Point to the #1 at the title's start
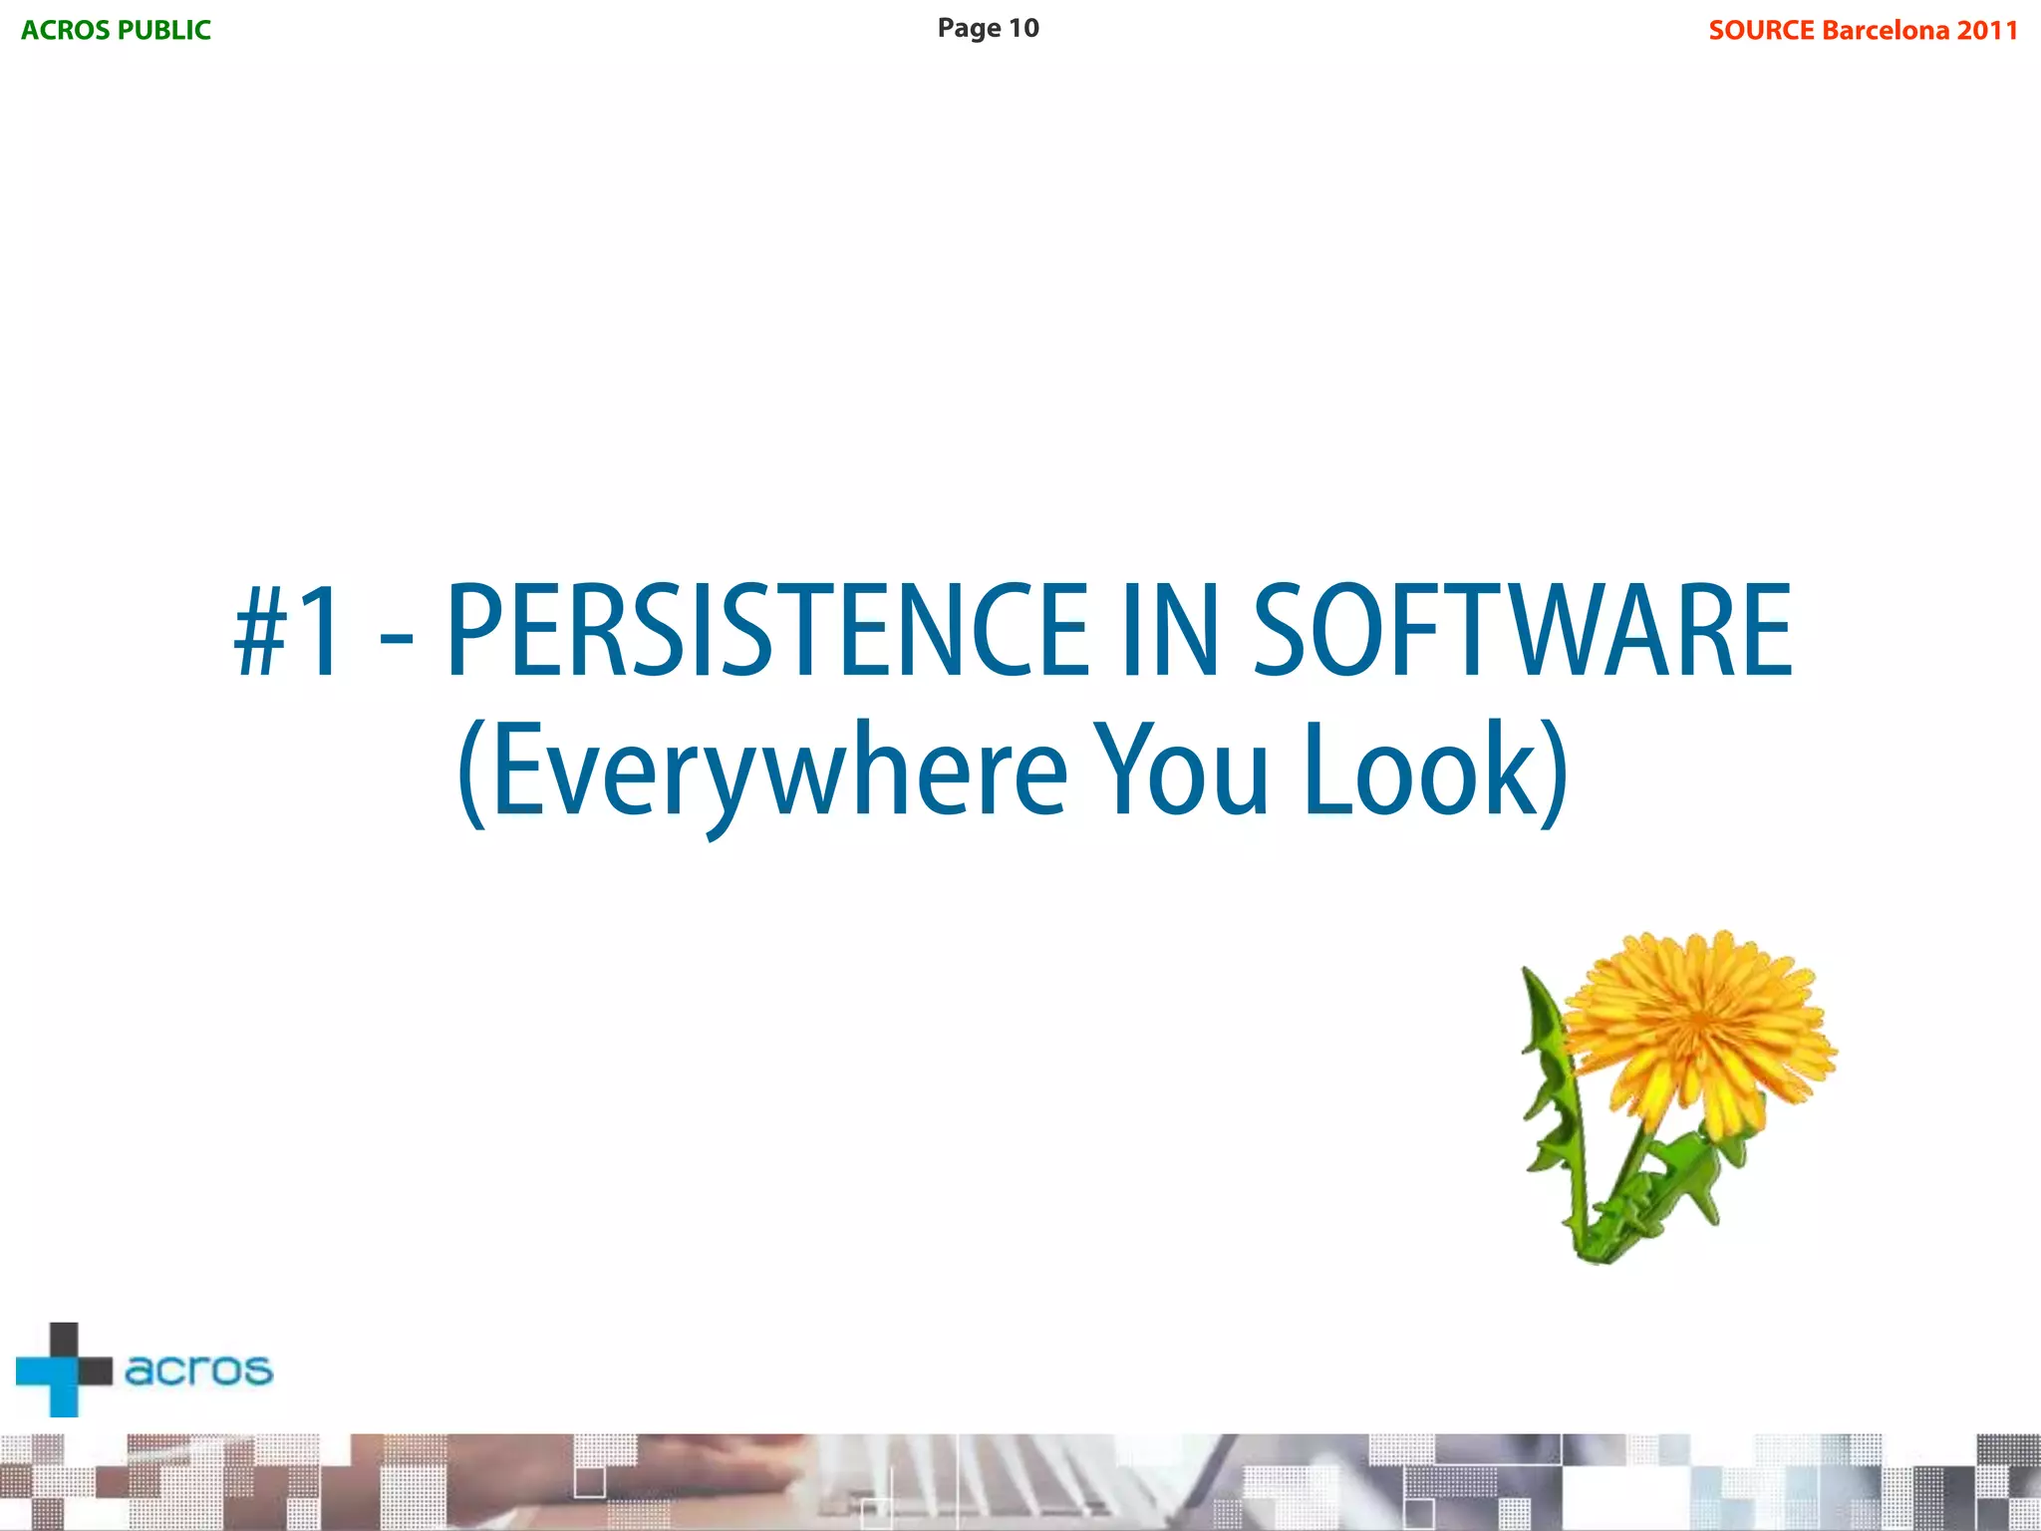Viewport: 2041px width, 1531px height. (288, 632)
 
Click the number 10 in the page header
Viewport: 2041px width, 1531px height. (1023, 28)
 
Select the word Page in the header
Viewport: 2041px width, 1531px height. (969, 29)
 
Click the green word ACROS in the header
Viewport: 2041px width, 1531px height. (66, 30)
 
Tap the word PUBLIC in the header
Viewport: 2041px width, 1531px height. (163, 30)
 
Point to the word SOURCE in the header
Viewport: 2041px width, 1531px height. (1761, 30)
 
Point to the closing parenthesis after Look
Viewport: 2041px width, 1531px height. (1553, 773)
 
